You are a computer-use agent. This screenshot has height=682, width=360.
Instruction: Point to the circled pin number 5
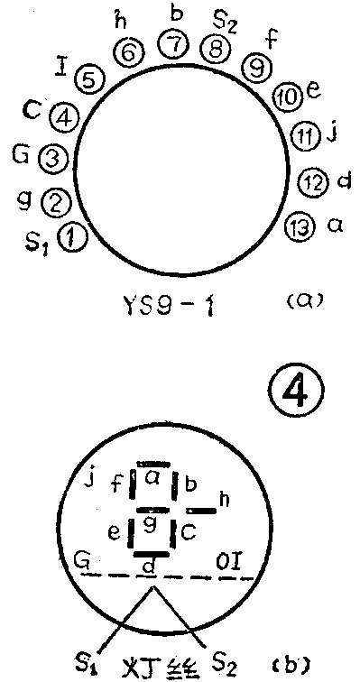point(88,79)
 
